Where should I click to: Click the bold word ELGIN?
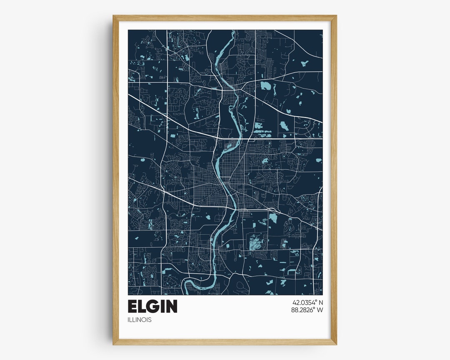[152, 306]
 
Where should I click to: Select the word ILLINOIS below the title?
[140, 320]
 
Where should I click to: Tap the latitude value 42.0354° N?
[307, 302]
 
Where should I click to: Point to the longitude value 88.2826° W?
[307, 310]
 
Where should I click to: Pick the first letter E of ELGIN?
[132, 306]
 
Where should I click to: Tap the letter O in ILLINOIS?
[145, 320]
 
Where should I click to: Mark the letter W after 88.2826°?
[320, 310]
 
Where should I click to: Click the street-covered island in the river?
[229, 145]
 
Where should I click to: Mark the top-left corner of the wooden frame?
[113, 16]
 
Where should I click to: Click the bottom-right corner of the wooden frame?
[336, 344]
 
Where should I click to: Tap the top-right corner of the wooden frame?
[336, 16]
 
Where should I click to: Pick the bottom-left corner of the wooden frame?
[113, 344]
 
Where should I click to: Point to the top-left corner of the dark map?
[128, 30]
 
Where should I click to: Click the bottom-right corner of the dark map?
[322, 295]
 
